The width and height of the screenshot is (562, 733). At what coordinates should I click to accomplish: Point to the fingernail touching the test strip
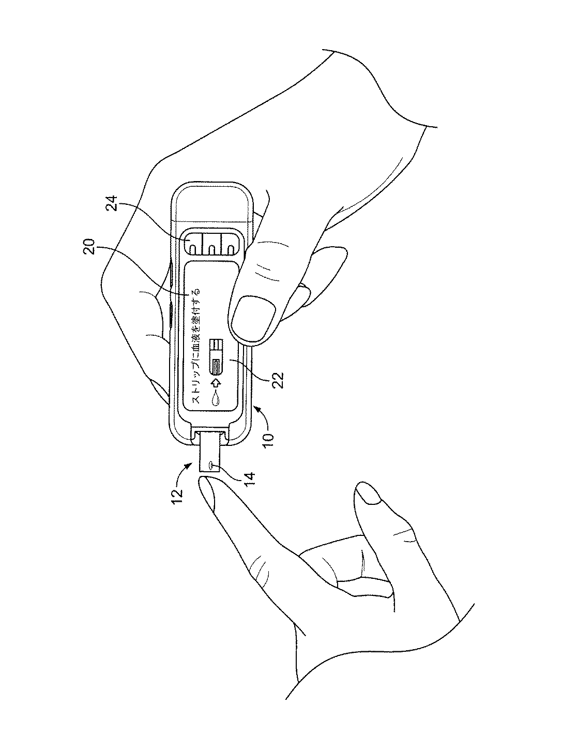click(205, 494)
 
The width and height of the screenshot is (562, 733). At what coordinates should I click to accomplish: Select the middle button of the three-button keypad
click(211, 243)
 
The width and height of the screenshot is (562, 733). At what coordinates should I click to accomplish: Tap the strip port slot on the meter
click(211, 428)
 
